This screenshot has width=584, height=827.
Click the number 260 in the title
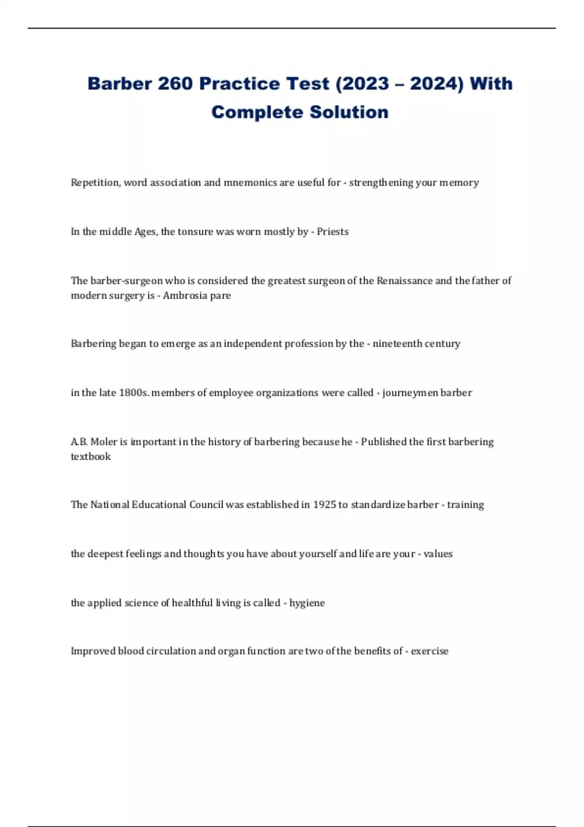pos(175,84)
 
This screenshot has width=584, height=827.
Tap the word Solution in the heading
pos(349,112)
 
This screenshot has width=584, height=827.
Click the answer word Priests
pos(333,232)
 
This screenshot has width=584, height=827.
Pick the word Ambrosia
pos(185,295)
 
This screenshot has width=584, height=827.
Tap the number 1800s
pos(133,393)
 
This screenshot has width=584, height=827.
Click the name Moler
pos(104,442)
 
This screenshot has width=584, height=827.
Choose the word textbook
pos(91,456)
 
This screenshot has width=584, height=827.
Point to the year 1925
pos(324,504)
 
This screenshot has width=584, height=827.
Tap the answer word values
pos(438,554)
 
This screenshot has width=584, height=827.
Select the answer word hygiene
pos(307,603)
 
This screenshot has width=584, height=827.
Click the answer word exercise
pos(430,651)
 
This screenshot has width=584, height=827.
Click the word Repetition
pos(95,182)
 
